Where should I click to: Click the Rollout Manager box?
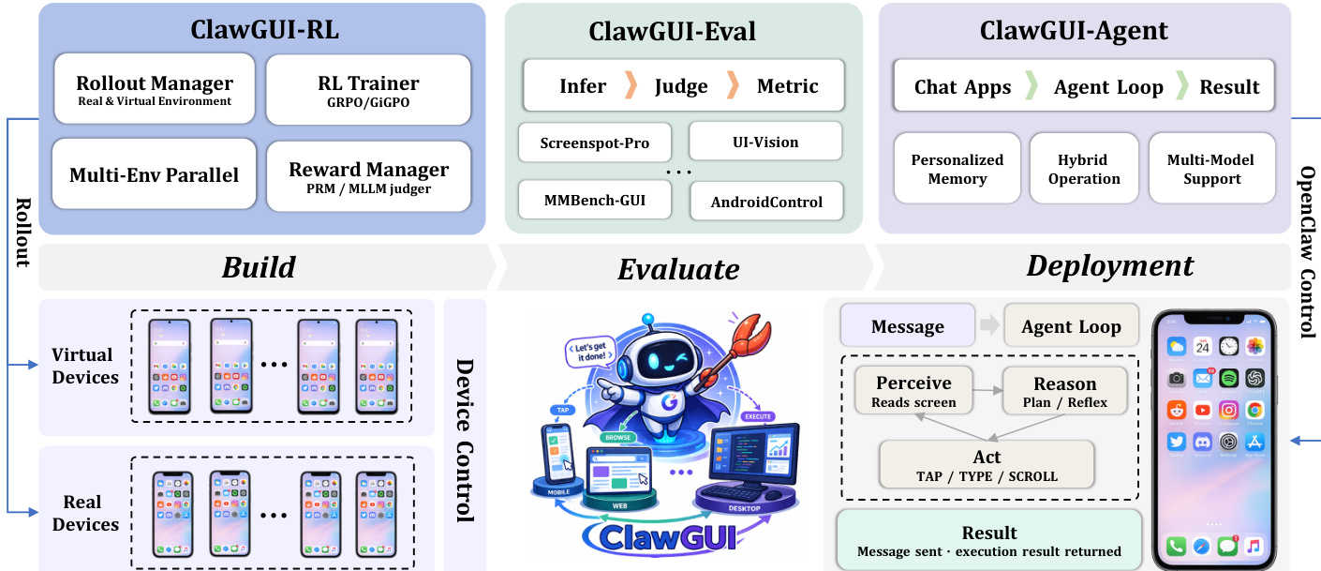(x=155, y=90)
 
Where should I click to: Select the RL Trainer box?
(x=368, y=90)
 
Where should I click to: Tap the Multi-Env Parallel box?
(x=155, y=174)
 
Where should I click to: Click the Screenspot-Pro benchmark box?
(x=595, y=143)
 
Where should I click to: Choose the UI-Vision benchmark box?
(x=765, y=142)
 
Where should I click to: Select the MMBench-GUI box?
(x=595, y=199)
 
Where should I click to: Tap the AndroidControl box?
(x=765, y=201)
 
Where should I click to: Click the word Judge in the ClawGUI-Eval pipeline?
(x=681, y=86)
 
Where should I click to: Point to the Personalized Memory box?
(x=957, y=169)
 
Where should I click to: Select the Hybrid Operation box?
(x=1084, y=169)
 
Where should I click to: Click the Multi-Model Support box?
(x=1211, y=169)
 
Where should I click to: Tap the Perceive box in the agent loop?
(x=913, y=391)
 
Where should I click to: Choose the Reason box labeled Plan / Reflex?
(x=1064, y=391)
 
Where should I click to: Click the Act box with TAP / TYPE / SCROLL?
(x=987, y=465)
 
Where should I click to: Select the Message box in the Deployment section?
(x=907, y=326)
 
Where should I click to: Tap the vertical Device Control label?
(x=464, y=439)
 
